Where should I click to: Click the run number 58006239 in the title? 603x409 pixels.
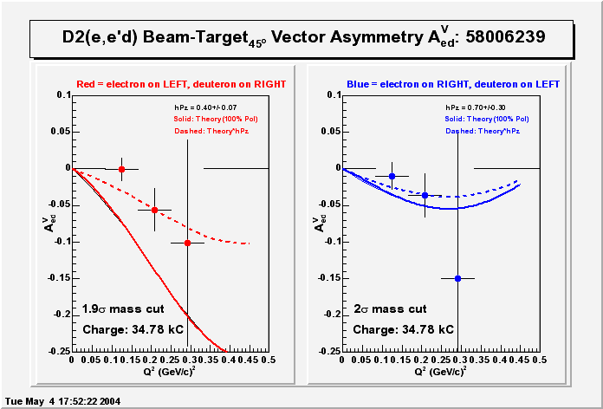(x=504, y=37)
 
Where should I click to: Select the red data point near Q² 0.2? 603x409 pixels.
(x=154, y=210)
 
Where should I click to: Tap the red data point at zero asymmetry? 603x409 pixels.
(x=121, y=169)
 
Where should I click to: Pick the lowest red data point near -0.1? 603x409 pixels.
(x=188, y=243)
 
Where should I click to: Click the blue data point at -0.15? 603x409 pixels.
(x=457, y=278)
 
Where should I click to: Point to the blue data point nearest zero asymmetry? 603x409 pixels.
(x=392, y=176)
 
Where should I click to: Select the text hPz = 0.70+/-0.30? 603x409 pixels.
(x=478, y=107)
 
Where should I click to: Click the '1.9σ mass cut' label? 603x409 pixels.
(x=123, y=308)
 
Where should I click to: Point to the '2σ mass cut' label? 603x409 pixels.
(x=390, y=308)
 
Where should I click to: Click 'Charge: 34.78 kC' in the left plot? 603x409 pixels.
(x=133, y=330)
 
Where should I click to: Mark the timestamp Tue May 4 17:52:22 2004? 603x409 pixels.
(x=62, y=401)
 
